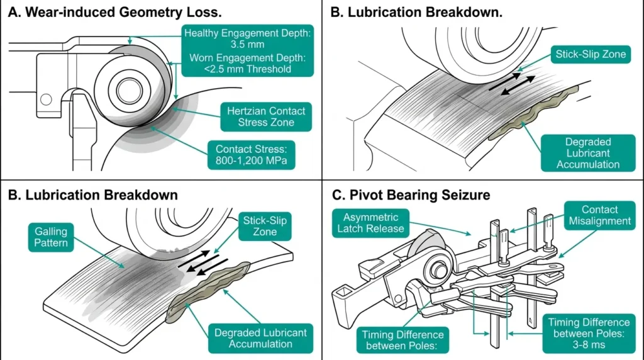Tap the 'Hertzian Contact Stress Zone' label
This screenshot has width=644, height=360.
pos(266,116)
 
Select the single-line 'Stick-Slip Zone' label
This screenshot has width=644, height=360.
pos(591,53)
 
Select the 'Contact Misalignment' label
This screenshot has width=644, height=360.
pos(599,216)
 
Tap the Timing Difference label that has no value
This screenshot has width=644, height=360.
pos(403,340)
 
